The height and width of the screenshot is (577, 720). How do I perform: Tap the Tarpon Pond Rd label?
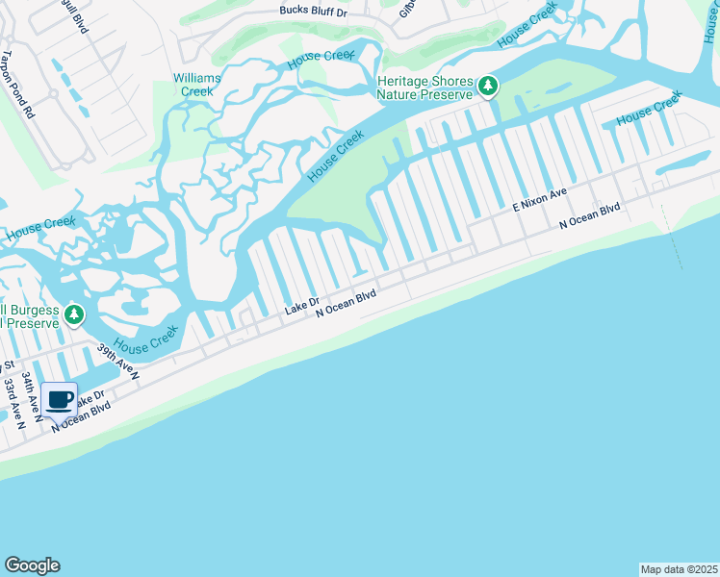(x=17, y=85)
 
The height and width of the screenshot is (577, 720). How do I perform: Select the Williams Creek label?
(x=196, y=84)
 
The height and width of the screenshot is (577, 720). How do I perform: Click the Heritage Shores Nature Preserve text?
(x=425, y=88)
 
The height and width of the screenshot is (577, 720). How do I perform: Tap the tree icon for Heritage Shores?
(x=488, y=88)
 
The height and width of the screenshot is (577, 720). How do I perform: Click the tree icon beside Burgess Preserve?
(x=74, y=314)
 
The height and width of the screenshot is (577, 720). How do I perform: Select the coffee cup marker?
(x=59, y=399)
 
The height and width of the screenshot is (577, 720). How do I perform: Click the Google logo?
(x=32, y=565)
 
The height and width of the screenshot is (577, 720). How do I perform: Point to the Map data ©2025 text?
(x=678, y=569)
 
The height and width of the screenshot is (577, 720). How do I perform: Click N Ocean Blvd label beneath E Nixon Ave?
(x=590, y=215)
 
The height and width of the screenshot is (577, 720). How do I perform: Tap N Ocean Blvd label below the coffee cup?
(x=81, y=415)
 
